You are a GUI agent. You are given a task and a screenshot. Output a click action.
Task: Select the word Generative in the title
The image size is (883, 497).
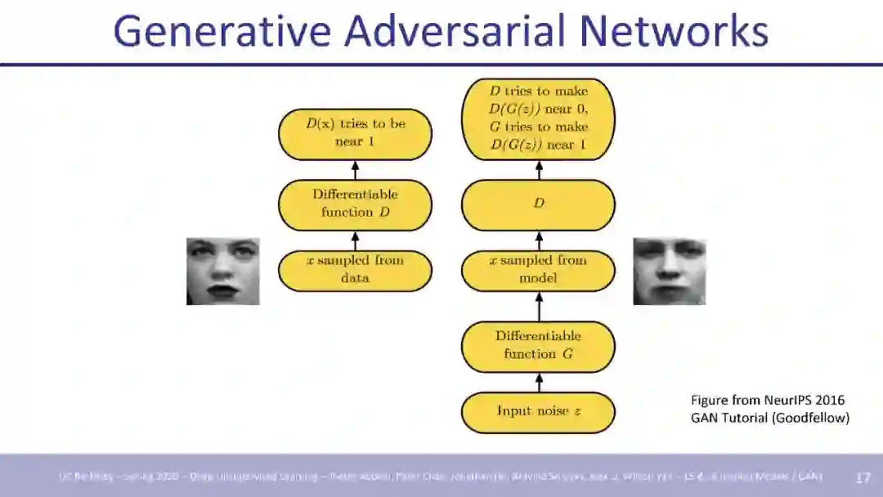pos(223,31)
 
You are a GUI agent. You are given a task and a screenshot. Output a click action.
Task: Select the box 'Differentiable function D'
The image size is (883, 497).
pos(355,204)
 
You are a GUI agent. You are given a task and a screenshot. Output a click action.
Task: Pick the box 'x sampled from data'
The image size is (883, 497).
pos(355,270)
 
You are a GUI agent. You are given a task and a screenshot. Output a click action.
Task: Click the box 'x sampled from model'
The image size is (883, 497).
pos(538,270)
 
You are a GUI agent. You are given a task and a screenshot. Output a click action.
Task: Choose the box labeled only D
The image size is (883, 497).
pos(538,204)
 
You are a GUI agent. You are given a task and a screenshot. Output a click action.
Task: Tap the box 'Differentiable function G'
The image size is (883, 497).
pos(538,346)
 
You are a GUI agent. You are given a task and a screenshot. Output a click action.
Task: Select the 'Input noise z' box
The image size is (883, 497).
pos(538,412)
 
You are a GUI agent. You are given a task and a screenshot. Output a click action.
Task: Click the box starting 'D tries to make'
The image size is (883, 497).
pos(538,119)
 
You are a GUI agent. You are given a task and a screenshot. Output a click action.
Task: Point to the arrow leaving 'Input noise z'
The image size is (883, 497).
pos(538,382)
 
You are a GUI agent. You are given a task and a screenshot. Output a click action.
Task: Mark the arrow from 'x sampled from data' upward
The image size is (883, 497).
pos(355,240)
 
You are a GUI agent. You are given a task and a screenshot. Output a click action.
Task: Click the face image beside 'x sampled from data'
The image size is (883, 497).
pos(222,271)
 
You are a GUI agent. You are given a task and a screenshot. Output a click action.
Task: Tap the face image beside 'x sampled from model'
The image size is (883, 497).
pos(669,271)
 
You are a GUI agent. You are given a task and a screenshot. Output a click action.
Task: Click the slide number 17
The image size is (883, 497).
pos(863,477)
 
